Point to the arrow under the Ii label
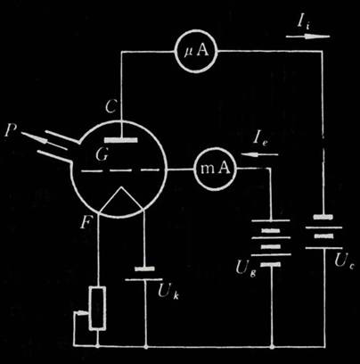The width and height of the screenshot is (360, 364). coord(307,37)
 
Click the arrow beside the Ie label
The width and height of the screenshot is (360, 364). coord(259,154)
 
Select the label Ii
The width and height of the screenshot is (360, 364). coord(304,21)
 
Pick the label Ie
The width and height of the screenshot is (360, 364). coord(260,139)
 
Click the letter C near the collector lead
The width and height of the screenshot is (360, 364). coord(111,106)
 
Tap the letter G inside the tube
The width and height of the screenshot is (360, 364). coord(102,154)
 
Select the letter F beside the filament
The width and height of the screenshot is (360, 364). coord(86,223)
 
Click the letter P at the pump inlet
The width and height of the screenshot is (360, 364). coord(11,130)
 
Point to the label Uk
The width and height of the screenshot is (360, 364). coord(168,292)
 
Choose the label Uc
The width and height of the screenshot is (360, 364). coord(344,261)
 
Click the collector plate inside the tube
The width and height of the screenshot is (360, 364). coord(121,140)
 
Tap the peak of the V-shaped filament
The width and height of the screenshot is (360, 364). coord(121,187)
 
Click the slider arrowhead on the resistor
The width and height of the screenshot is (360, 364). coord(86,312)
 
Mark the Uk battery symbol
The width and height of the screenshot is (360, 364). coord(144,274)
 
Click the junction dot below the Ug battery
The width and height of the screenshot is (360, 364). coord(272,346)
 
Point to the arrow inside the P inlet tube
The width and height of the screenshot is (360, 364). coord(45,141)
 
